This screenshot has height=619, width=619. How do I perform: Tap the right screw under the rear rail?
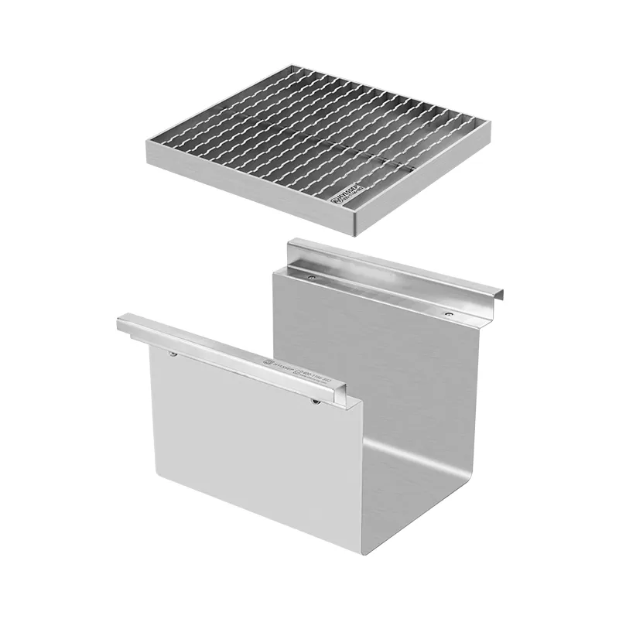coord(449,314)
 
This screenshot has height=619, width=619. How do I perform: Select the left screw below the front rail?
coord(173,354)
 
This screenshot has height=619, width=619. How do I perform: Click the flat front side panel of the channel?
coord(248,441)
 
